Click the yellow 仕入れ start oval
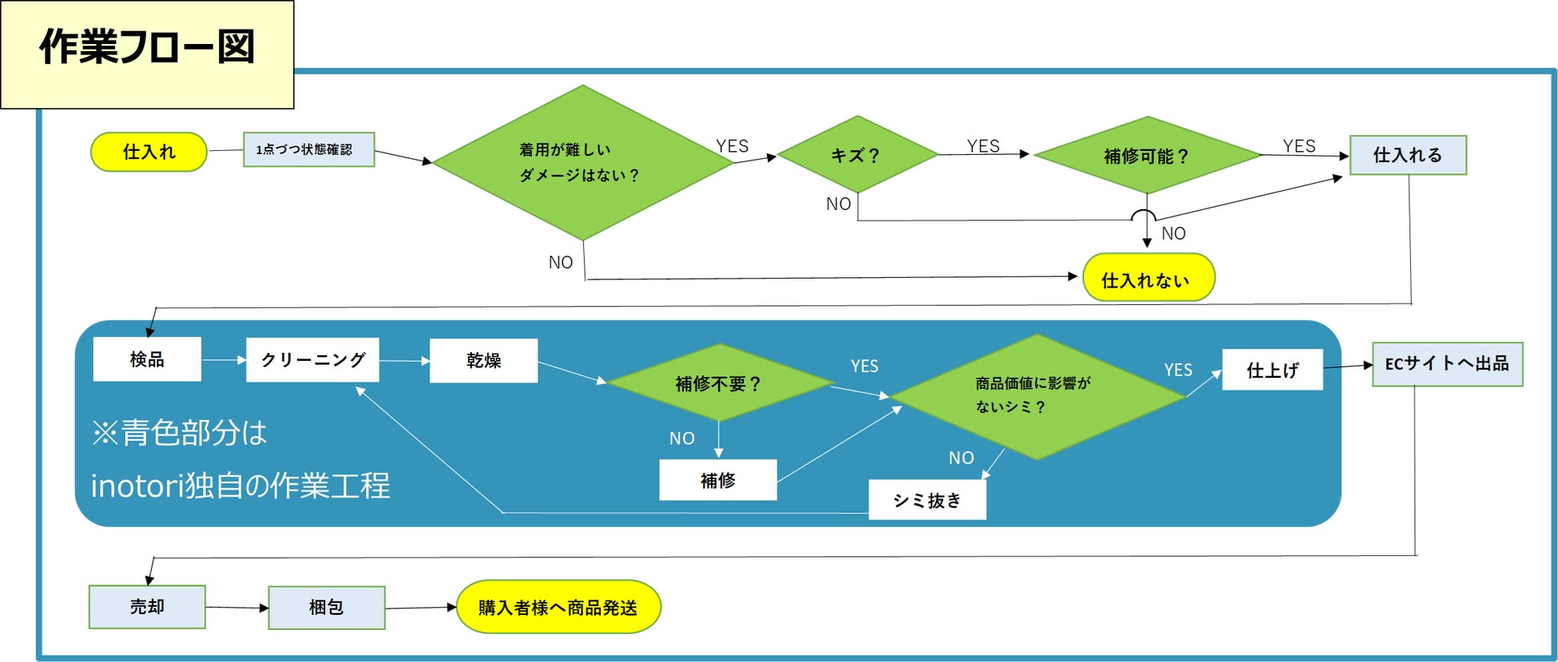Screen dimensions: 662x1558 (149, 152)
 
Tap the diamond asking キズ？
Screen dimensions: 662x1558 (856, 155)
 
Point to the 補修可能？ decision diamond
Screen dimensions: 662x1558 (1147, 156)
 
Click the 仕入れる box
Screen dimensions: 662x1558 (1408, 155)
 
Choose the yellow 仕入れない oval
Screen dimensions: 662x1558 (1147, 279)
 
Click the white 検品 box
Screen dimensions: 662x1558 (147, 359)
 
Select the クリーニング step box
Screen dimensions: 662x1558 (312, 360)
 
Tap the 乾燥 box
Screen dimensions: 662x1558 (483, 360)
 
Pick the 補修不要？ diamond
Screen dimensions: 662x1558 (718, 383)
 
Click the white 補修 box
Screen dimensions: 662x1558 (717, 480)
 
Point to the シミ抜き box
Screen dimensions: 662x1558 (927, 500)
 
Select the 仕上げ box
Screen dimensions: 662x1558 (1272, 370)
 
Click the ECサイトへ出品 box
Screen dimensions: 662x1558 (1447, 364)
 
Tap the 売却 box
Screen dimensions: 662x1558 (147, 607)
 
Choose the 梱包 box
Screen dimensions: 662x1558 (326, 608)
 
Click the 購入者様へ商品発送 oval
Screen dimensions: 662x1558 (558, 608)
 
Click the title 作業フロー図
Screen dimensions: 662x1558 (147, 48)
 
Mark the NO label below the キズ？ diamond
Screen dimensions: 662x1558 (838, 204)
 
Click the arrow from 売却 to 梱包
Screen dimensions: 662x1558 (236, 608)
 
